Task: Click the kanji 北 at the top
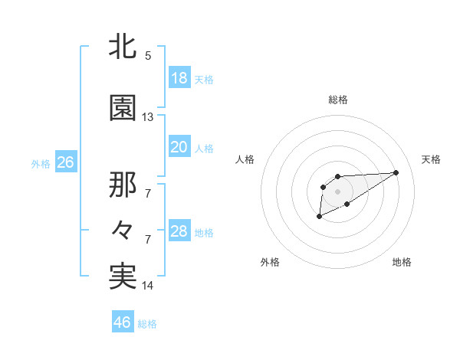tap(123, 47)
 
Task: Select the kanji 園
tap(123, 108)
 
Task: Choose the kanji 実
tap(123, 276)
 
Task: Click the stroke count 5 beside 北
tap(148, 56)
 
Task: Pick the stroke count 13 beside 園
tap(148, 117)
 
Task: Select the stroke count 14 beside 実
tap(148, 286)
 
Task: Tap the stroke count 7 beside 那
tap(148, 194)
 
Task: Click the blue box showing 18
tap(179, 78)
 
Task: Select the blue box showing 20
tap(179, 147)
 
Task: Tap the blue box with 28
tap(179, 231)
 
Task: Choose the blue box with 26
tap(65, 162)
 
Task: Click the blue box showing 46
tap(122, 322)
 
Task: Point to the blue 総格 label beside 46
tap(147, 324)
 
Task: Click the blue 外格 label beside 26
tap(41, 163)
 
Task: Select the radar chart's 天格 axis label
tap(432, 159)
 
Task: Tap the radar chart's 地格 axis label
tap(402, 262)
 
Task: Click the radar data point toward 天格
tap(396, 172)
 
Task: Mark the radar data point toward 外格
tap(320, 217)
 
